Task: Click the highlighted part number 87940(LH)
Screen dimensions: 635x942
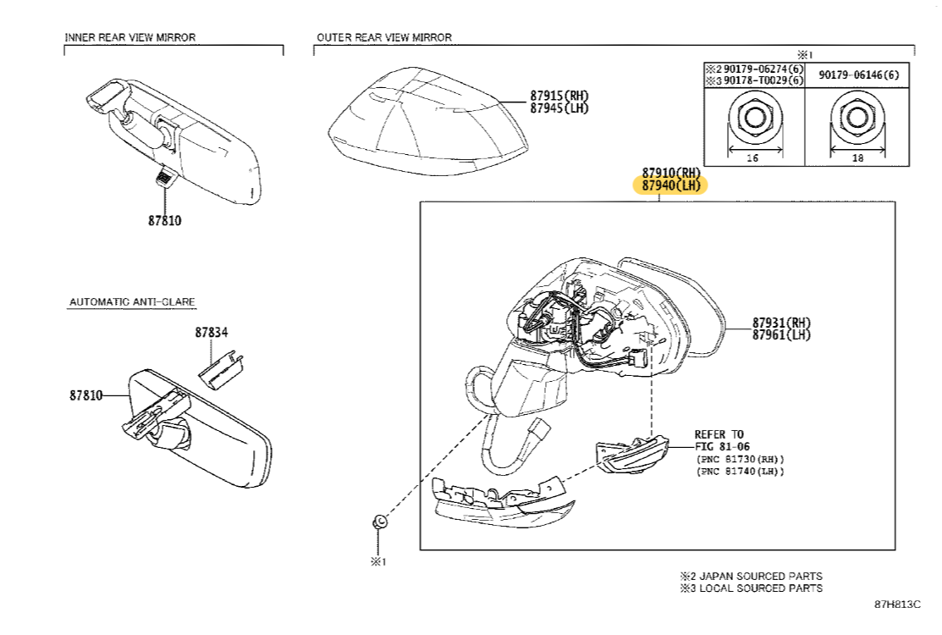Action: (x=669, y=185)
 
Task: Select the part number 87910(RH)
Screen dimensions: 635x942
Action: (x=671, y=172)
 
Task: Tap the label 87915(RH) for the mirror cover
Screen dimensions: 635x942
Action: (x=559, y=95)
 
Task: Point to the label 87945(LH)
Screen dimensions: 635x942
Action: (x=559, y=108)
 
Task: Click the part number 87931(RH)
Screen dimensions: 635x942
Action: (x=781, y=323)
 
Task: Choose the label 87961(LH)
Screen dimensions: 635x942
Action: (x=781, y=335)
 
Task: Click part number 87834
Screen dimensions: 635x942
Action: (x=211, y=333)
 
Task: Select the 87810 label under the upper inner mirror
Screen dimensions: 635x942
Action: (x=165, y=220)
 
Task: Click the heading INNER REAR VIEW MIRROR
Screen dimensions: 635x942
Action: (x=130, y=37)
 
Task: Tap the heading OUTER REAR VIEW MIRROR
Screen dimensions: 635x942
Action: (x=384, y=37)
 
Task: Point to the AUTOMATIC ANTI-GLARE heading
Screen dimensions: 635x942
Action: (x=132, y=301)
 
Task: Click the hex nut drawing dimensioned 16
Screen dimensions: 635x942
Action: (x=754, y=116)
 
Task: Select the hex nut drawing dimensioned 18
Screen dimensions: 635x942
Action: (x=857, y=116)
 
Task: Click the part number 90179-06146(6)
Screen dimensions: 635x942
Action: (x=858, y=75)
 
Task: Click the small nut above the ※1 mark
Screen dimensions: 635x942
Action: (x=380, y=522)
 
